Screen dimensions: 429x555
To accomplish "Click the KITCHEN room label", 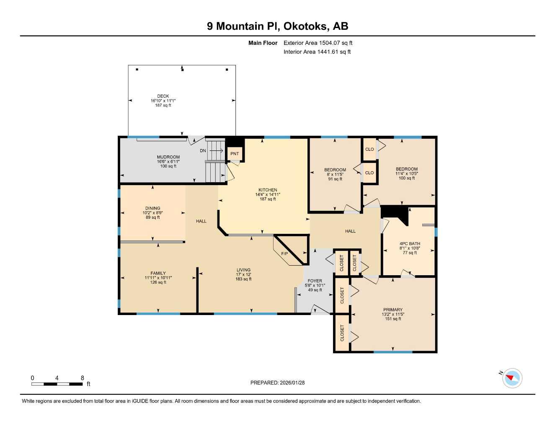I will click(x=268, y=190).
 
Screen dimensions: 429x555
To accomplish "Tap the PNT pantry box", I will click(x=235, y=154).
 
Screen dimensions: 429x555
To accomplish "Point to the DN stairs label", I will click(x=203, y=150).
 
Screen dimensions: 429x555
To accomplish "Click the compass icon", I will click(x=512, y=378).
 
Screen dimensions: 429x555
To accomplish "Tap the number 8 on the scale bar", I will click(x=83, y=377).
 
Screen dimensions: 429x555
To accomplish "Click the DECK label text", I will click(x=163, y=96).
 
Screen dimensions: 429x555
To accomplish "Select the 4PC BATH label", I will click(x=409, y=243).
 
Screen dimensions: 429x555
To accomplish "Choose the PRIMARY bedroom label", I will click(x=392, y=310).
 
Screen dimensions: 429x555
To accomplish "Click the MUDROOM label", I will click(x=168, y=157).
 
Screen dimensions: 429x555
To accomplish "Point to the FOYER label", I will click(x=315, y=281).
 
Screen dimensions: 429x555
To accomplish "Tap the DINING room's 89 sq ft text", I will click(x=152, y=217).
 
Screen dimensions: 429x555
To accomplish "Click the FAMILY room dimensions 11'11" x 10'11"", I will click(x=158, y=278).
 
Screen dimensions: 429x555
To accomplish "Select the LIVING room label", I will click(x=243, y=270).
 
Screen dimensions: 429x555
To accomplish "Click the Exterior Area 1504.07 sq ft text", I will click(x=318, y=43).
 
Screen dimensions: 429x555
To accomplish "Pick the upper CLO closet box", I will click(x=369, y=149).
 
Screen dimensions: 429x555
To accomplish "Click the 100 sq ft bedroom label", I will click(x=407, y=178).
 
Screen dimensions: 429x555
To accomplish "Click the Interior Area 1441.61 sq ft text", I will click(x=317, y=52).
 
